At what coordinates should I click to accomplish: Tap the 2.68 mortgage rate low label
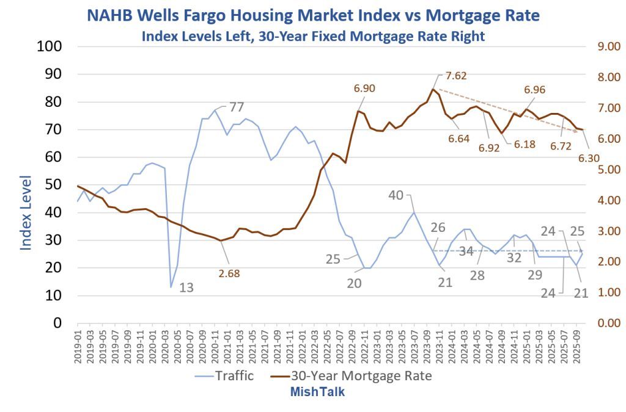[229, 273]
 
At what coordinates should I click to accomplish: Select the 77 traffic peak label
[237, 107]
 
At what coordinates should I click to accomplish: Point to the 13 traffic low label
[186, 287]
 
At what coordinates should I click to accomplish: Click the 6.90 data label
[364, 89]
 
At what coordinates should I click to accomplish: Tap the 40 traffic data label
[397, 195]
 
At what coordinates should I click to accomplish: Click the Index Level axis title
[26, 212]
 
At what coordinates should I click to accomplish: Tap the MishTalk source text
[317, 392]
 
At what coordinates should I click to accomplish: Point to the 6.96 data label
[535, 90]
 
